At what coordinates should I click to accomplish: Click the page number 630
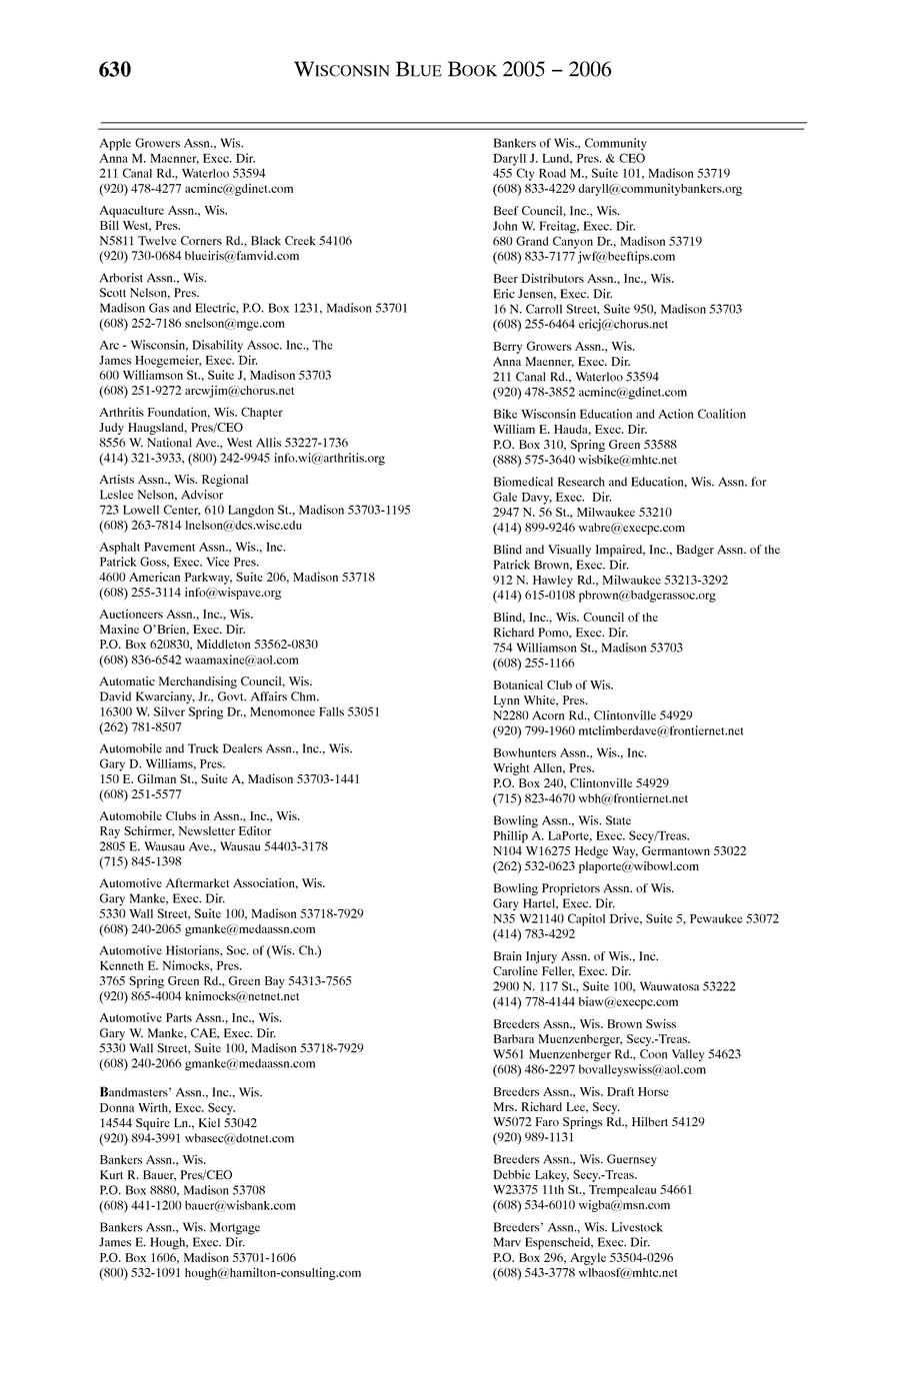tap(116, 69)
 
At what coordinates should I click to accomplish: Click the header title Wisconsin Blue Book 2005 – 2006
tap(453, 70)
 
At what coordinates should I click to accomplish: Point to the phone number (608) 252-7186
tap(139, 323)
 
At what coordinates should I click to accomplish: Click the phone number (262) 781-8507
tap(139, 727)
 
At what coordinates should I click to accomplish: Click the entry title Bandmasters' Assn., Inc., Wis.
tap(181, 1092)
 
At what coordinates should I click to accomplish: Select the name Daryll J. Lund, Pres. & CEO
tap(569, 158)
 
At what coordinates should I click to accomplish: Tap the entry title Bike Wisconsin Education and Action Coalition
tap(619, 414)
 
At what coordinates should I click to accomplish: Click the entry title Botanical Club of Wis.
tap(553, 686)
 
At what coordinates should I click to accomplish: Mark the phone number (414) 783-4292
tap(534, 933)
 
